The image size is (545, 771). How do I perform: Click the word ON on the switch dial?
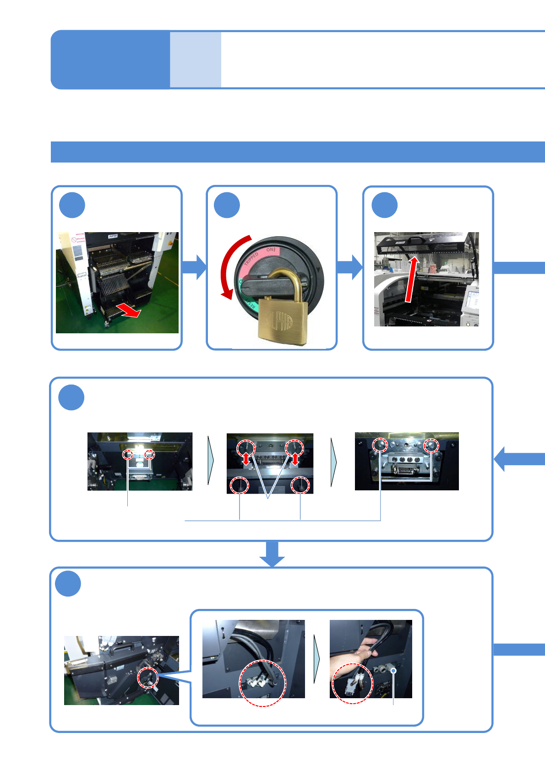tap(271, 250)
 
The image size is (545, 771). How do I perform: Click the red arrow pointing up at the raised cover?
tap(411, 279)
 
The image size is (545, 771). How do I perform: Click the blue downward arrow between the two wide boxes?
tap(272, 554)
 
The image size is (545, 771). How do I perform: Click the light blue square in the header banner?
tap(196, 60)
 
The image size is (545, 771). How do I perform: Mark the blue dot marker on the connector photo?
tap(393, 671)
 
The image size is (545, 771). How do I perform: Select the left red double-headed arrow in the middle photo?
tap(246, 459)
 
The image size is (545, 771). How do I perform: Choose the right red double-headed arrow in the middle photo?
tap(295, 459)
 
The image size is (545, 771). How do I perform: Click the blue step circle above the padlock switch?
tap(227, 205)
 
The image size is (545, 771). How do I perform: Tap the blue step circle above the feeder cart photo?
tap(72, 205)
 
